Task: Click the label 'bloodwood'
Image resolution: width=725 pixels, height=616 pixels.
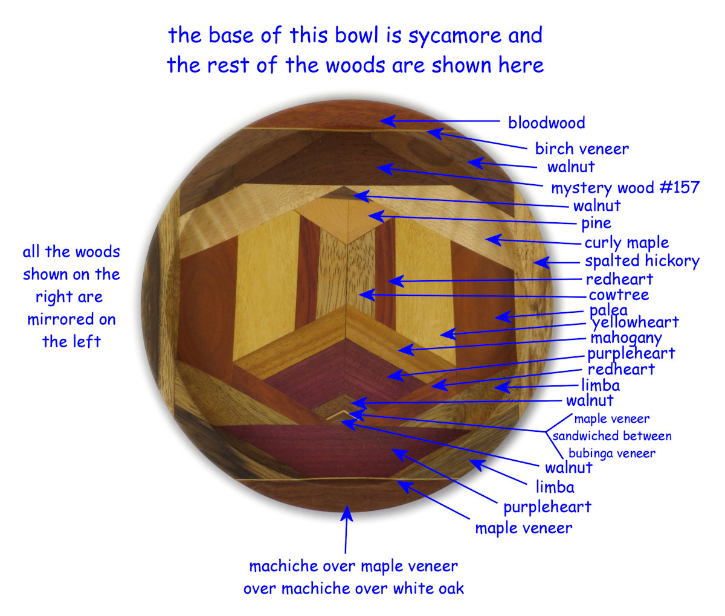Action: click(x=546, y=123)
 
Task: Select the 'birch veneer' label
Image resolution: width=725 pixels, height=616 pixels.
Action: click(x=582, y=149)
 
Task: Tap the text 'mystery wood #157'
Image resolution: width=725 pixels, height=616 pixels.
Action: click(x=625, y=188)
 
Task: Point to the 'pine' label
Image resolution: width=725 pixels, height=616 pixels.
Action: click(x=596, y=223)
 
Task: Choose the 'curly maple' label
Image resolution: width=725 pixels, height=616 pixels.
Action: click(x=627, y=243)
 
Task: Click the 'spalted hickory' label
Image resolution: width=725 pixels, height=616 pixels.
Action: click(x=642, y=261)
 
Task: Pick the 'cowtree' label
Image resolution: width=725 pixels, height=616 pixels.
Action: click(x=619, y=295)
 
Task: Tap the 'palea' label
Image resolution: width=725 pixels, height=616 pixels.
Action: click(x=608, y=311)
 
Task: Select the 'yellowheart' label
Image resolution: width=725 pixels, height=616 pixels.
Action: click(x=636, y=322)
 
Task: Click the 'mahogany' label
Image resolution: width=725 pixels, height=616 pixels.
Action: click(x=626, y=338)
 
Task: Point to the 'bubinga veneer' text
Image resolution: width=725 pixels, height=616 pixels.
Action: click(x=612, y=453)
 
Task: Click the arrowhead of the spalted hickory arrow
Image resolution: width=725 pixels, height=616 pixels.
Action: click(x=538, y=263)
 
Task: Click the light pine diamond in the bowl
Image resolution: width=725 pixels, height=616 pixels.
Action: click(x=348, y=220)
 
